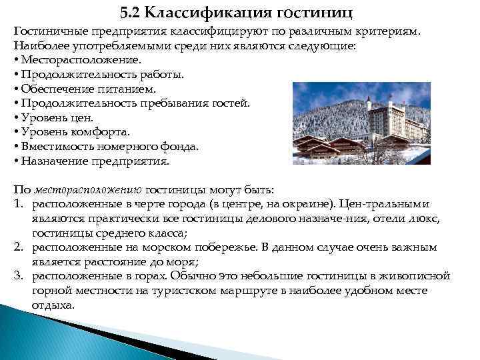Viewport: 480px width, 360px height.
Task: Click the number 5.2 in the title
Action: (x=131, y=12)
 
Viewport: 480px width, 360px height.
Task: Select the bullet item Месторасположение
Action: (x=81, y=59)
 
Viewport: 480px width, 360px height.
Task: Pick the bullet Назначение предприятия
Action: (x=95, y=161)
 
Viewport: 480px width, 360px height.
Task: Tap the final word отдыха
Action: (x=53, y=305)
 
